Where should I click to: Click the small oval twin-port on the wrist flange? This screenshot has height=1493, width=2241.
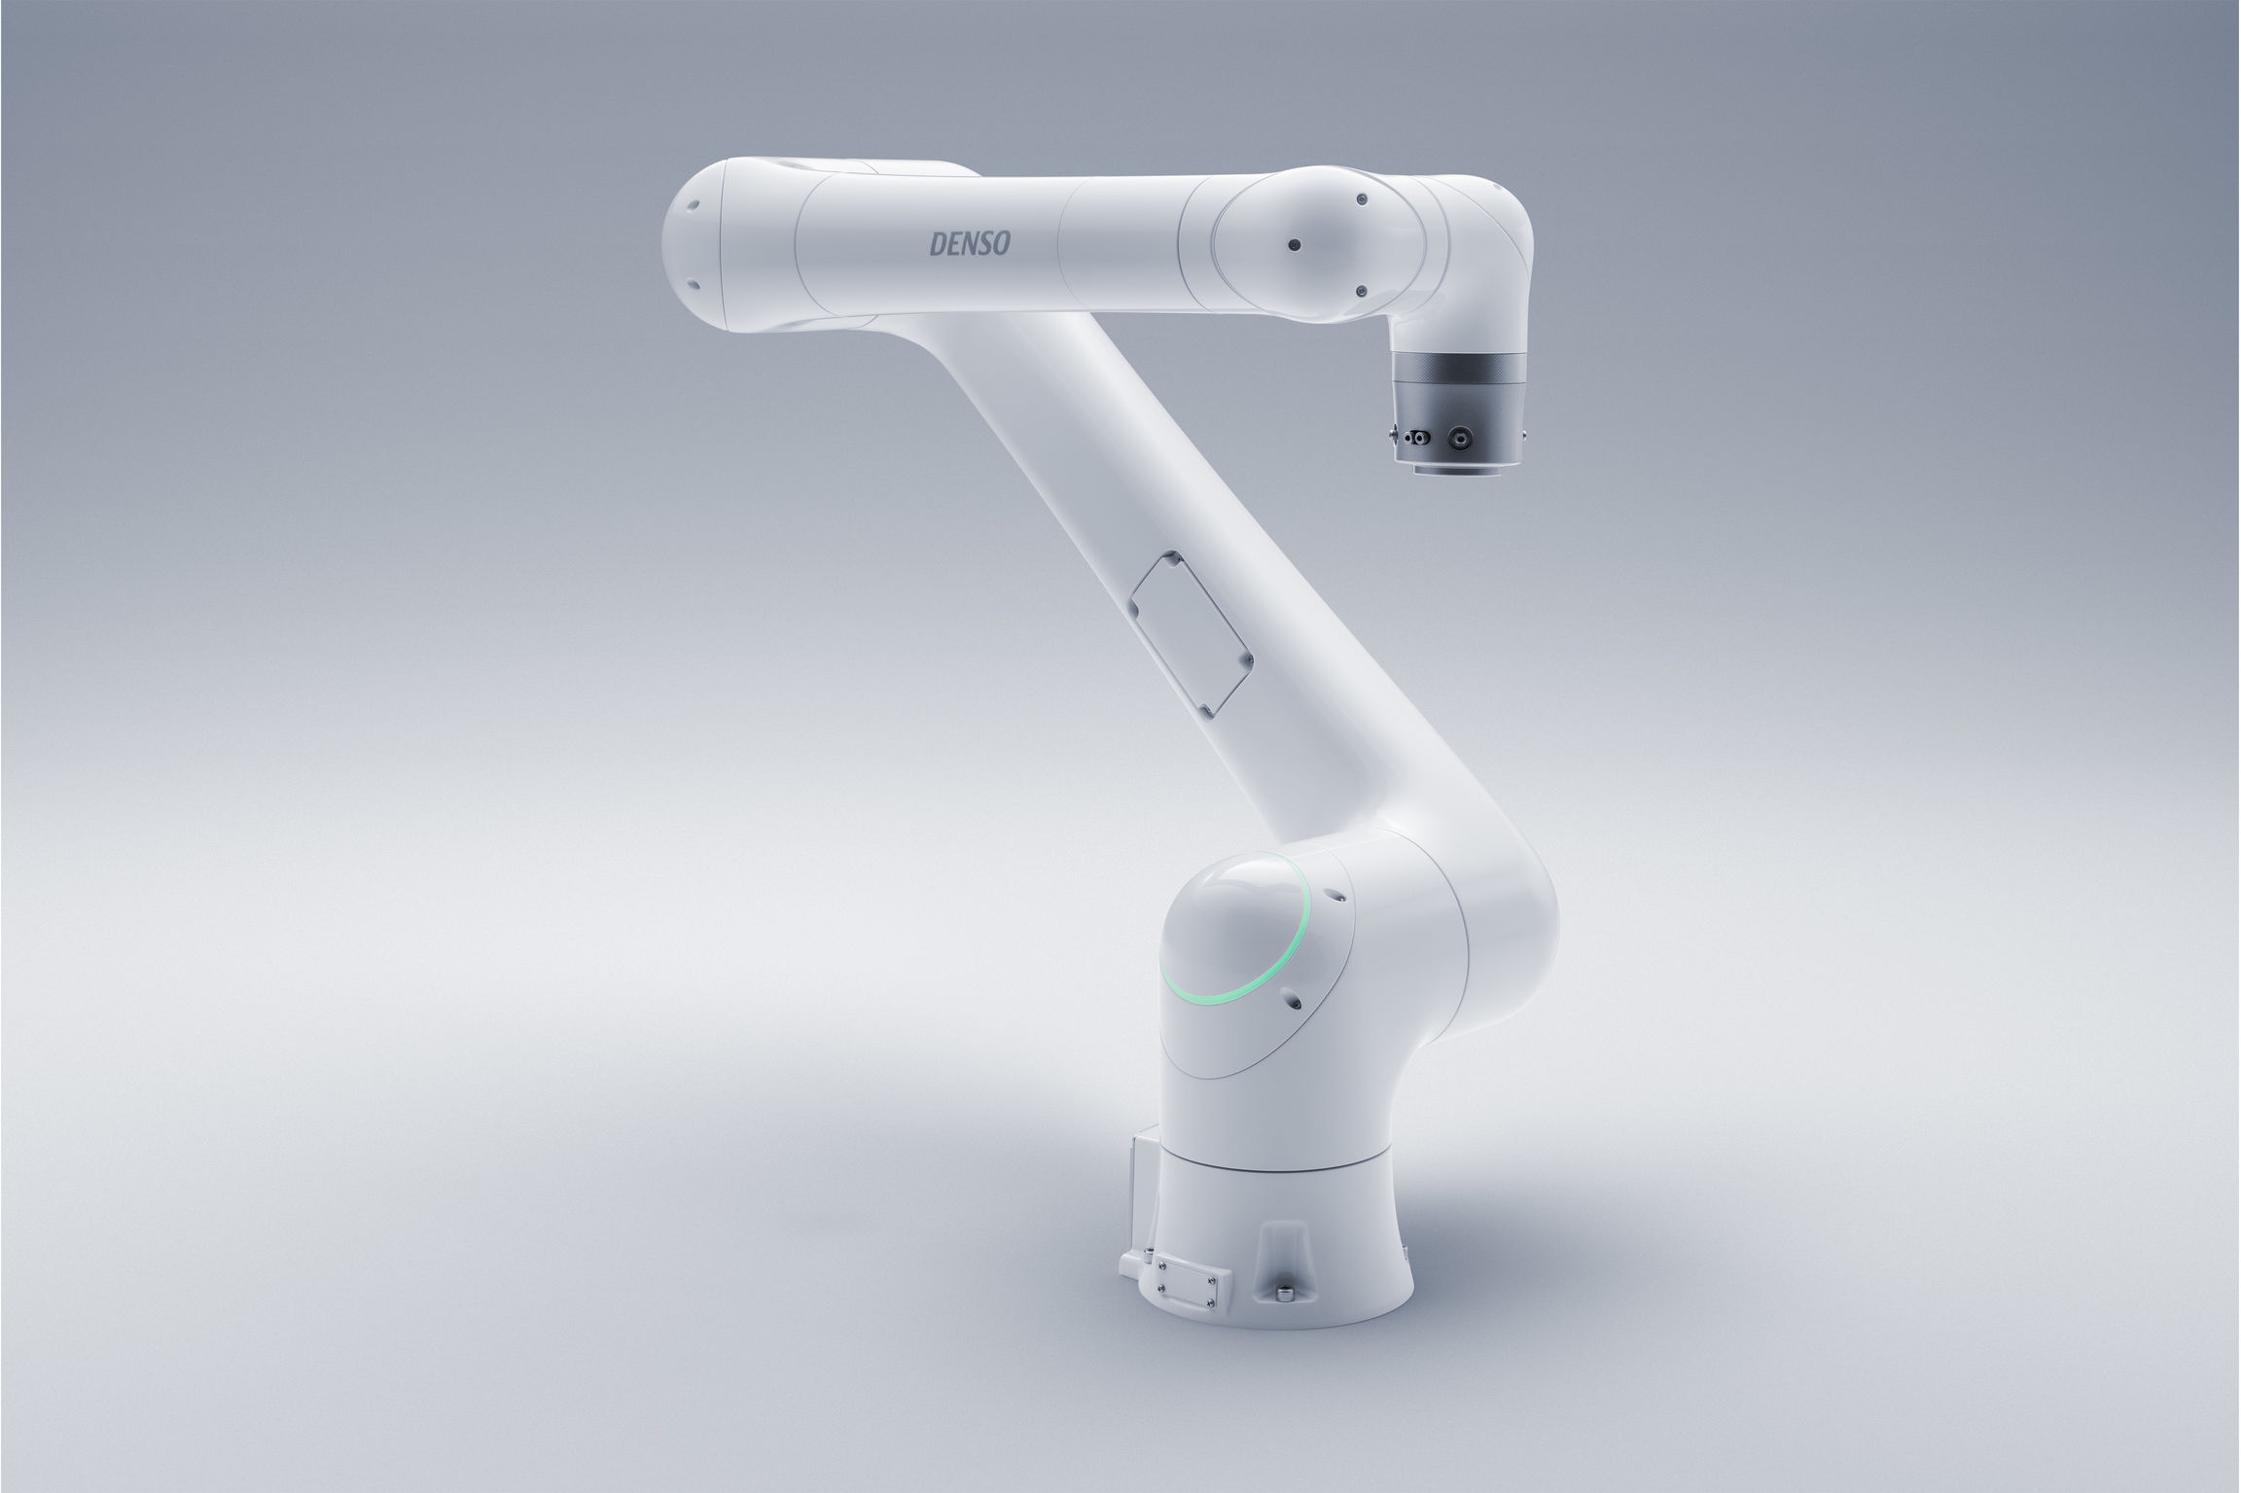tap(1417, 439)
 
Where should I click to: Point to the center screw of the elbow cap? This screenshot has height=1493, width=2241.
tap(1294, 245)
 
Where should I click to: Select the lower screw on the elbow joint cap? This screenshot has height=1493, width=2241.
tap(1361, 290)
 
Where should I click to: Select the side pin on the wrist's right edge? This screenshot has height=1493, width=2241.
tap(1524, 428)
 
